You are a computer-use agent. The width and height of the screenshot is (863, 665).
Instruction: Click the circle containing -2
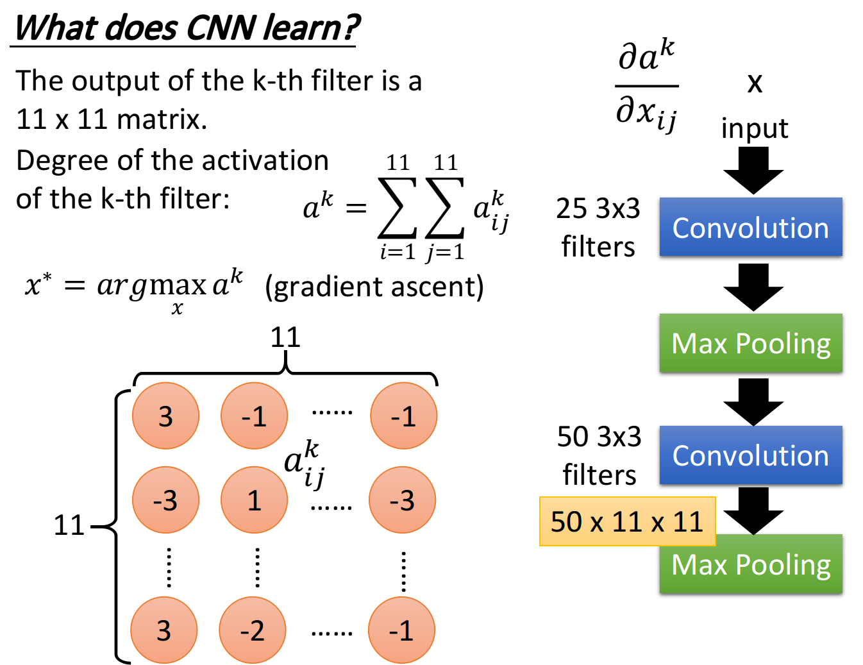[x=253, y=630]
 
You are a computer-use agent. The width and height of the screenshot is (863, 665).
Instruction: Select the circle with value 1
[x=255, y=500]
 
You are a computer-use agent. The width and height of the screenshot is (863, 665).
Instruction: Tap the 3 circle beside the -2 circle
[x=164, y=630]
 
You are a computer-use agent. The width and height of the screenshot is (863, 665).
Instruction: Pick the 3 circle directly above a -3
[x=166, y=416]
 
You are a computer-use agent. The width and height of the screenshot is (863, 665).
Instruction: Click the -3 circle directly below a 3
[x=166, y=500]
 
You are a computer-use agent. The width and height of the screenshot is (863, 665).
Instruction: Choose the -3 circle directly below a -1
[x=403, y=500]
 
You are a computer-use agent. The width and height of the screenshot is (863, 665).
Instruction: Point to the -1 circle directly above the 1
[x=255, y=416]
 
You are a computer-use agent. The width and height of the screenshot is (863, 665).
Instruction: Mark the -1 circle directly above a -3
[x=404, y=416]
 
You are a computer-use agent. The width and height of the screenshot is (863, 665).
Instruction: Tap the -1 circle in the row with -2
[x=402, y=630]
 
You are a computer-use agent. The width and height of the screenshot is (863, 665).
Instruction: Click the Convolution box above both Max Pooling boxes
[x=751, y=227]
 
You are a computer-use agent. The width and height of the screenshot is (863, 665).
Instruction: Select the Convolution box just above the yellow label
[x=751, y=455]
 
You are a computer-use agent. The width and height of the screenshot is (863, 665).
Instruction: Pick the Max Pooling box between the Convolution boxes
[x=751, y=342]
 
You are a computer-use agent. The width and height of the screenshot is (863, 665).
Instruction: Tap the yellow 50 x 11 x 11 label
[x=627, y=521]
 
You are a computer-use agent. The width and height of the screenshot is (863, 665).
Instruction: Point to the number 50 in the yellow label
[x=566, y=521]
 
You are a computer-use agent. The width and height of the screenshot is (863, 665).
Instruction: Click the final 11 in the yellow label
[x=688, y=521]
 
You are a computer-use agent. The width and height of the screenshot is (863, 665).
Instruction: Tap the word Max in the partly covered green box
[x=700, y=565]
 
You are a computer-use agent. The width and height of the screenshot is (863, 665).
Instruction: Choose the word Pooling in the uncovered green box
[x=783, y=344]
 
